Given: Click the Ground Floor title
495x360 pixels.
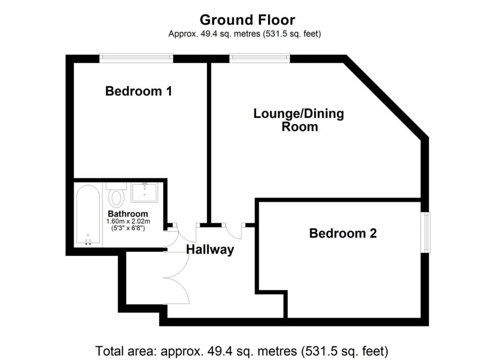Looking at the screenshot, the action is (x=247, y=19).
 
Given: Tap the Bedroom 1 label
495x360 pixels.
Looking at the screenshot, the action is (x=139, y=91).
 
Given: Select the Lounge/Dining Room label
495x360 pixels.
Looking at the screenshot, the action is (x=299, y=120).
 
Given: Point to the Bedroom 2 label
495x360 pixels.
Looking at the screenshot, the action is (x=343, y=233).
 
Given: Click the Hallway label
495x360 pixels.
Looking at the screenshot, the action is (x=210, y=250).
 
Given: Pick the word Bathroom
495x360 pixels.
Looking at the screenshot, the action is (x=128, y=214).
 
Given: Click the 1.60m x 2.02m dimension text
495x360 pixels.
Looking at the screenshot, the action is (x=128, y=221).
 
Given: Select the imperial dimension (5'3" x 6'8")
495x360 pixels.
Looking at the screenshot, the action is (x=128, y=227).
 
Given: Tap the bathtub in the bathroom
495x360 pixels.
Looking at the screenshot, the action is (x=88, y=215).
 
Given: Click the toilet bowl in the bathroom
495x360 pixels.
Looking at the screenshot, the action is (x=116, y=198).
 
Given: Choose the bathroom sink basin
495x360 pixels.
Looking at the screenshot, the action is (x=144, y=193).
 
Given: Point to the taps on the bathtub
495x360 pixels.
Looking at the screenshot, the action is (x=88, y=242).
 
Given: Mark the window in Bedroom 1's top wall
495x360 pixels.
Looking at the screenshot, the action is (x=136, y=58).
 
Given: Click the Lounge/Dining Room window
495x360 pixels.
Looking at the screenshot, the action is (x=260, y=58).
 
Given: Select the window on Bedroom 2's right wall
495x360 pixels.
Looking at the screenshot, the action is (x=426, y=232).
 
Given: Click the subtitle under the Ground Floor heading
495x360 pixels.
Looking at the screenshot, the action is (x=245, y=34).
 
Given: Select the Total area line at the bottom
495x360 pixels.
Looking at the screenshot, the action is (x=242, y=351).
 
